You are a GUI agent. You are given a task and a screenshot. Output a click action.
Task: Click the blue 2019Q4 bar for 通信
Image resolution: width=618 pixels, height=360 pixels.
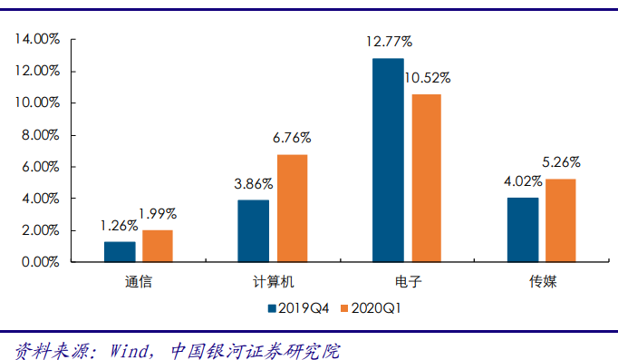tap(120, 252)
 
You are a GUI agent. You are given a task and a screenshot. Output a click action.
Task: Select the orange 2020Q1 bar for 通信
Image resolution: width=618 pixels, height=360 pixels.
tap(157, 247)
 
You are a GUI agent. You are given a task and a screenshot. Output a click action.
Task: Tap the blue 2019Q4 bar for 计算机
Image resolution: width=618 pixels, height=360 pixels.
tap(253, 231)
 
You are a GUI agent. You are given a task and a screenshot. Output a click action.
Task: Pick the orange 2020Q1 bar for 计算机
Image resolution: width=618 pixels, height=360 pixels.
tap(291, 209)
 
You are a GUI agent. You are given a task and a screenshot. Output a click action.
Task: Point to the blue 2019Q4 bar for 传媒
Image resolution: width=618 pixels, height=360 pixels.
tap(523, 230)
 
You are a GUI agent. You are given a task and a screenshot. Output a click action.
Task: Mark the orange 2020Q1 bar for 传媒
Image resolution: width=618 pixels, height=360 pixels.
tap(560, 220)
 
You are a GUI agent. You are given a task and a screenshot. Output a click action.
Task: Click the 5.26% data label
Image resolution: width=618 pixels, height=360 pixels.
tap(562, 162)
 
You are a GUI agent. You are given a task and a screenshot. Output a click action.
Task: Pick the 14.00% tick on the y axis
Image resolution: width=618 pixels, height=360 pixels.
tap(36, 39)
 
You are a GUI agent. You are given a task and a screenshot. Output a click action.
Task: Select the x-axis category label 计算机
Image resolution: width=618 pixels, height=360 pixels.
tap(273, 282)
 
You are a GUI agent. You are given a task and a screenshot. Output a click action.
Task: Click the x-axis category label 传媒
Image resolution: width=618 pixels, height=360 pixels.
tap(542, 282)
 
